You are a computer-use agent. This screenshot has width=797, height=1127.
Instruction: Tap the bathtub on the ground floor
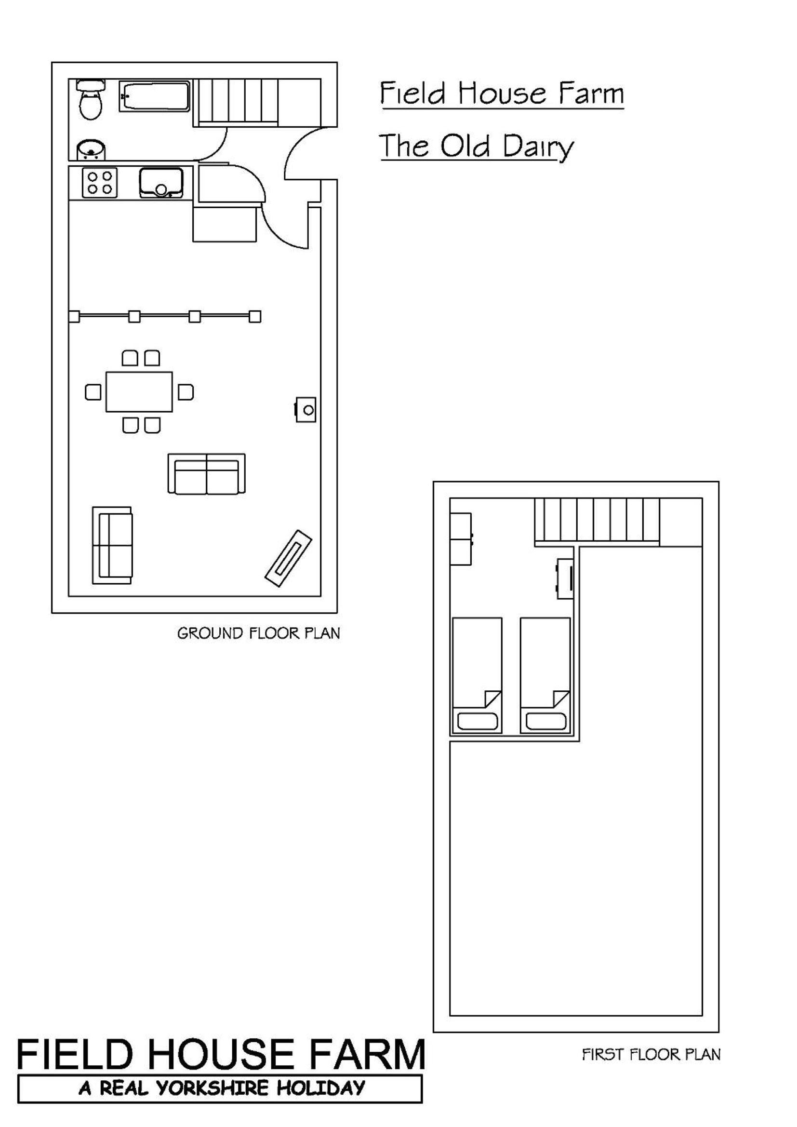pyautogui.click(x=155, y=96)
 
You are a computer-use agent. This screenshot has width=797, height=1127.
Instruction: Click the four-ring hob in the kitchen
pyautogui.click(x=100, y=183)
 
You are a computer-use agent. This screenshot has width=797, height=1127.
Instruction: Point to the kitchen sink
pyautogui.click(x=161, y=183)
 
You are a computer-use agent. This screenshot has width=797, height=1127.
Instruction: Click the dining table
pyautogui.click(x=139, y=392)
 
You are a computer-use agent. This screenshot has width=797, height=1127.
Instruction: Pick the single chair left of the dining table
pyautogui.click(x=93, y=392)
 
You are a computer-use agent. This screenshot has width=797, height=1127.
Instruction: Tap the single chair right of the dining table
pyautogui.click(x=185, y=392)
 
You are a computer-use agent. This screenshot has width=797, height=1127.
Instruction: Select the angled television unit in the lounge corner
pyautogui.click(x=288, y=558)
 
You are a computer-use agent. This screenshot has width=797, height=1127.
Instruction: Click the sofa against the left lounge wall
pyautogui.click(x=112, y=545)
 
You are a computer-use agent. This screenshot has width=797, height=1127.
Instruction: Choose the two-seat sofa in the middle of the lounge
pyautogui.click(x=207, y=474)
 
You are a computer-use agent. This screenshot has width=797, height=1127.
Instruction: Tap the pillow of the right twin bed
pyautogui.click(x=546, y=721)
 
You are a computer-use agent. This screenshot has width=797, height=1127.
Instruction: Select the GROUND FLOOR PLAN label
pyautogui.click(x=259, y=633)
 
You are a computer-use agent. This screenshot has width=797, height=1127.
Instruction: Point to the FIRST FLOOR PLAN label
pyautogui.click(x=651, y=1054)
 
